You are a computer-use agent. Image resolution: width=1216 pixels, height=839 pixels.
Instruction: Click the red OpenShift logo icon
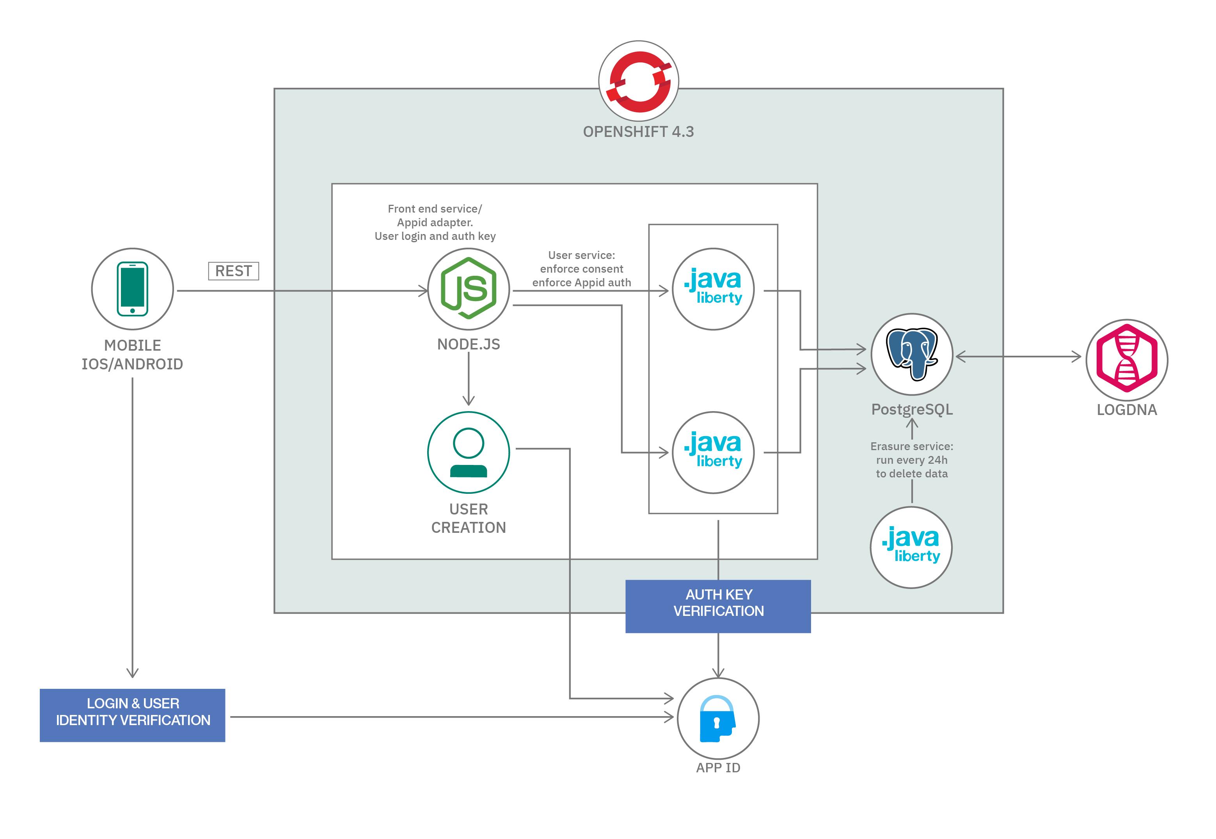[x=639, y=82]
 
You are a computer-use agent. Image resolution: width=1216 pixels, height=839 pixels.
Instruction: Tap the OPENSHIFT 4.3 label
[x=638, y=131]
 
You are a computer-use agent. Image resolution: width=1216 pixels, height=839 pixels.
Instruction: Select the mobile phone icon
[x=133, y=289]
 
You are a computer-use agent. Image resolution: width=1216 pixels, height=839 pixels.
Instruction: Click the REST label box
[x=233, y=271]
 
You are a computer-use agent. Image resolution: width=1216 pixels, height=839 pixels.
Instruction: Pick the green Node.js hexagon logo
[x=469, y=288]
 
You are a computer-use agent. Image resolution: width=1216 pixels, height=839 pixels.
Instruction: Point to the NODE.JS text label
[x=469, y=344]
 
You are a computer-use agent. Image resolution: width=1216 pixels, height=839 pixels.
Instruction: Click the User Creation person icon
[x=469, y=452]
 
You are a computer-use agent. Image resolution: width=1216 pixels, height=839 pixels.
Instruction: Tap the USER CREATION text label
[x=469, y=518]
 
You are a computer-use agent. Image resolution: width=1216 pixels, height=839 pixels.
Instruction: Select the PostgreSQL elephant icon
[x=912, y=354]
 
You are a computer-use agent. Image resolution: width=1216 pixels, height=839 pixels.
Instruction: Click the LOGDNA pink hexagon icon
[x=1127, y=359]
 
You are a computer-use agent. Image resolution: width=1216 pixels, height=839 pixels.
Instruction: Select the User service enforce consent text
[x=581, y=269]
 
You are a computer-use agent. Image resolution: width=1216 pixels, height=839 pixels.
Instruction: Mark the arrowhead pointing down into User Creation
[x=469, y=401]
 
